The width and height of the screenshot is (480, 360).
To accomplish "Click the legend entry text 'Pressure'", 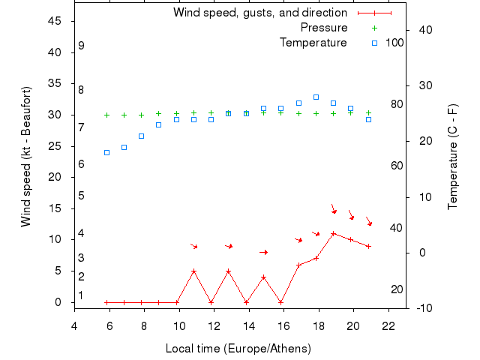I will [x=324, y=28].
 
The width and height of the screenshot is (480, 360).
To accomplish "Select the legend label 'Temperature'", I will [x=313, y=43].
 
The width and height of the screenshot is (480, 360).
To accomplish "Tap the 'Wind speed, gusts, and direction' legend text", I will [x=260, y=13].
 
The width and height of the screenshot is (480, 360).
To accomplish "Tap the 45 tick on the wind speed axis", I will [x=55, y=21].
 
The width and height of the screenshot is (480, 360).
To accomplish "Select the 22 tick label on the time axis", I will [x=388, y=325].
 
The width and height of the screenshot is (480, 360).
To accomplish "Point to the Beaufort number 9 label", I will [x=81, y=46].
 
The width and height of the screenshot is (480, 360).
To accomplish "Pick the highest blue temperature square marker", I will [x=316, y=97].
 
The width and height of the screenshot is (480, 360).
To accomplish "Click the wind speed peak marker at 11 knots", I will [x=333, y=233].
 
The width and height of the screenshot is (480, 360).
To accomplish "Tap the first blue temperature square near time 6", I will [x=106, y=152].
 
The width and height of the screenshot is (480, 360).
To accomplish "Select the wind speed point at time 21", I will [x=368, y=246].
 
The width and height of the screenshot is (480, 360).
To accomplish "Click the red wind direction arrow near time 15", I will [x=263, y=252].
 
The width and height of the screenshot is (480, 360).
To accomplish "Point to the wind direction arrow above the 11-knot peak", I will [x=334, y=209].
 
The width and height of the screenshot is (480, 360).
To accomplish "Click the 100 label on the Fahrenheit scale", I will [x=394, y=43].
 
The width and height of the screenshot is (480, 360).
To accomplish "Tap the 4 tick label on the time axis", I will [x=74, y=325].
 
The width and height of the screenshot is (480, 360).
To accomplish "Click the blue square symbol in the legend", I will [x=374, y=43].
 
